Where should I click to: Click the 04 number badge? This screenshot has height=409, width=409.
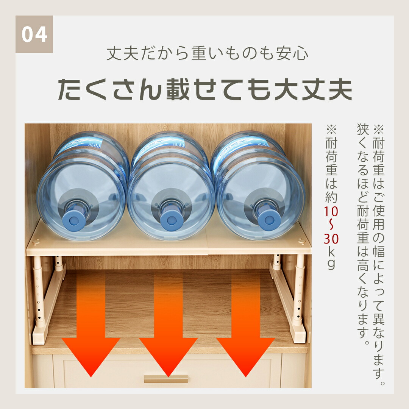pyautogui.click(x=34, y=34)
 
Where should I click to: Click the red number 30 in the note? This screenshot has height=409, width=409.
pyautogui.click(x=331, y=239)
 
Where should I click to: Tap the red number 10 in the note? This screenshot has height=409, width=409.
pyautogui.click(x=331, y=211)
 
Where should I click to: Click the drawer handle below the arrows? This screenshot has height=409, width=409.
pyautogui.click(x=166, y=379)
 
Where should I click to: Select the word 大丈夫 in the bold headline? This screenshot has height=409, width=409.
pyautogui.click(x=313, y=89)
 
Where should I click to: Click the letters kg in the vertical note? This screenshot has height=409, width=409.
pyautogui.click(x=331, y=259)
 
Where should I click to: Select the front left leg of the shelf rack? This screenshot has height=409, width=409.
pyautogui.click(x=39, y=292)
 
